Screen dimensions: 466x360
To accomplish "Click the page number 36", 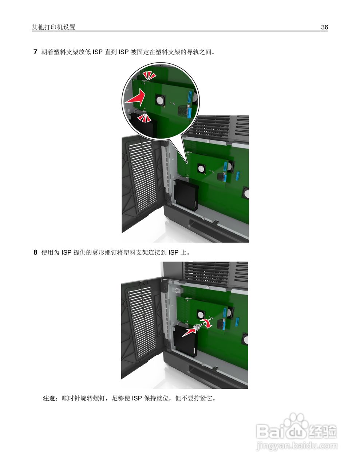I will [324, 27].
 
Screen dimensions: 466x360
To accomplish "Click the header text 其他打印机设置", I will [54, 27].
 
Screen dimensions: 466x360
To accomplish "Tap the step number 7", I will [35, 52].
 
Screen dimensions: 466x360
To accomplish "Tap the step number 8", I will [35, 252].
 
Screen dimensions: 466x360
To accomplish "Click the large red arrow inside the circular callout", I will [135, 98].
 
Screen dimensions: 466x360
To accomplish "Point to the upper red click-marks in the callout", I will [149, 75].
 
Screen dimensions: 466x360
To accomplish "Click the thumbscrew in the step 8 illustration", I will [197, 327].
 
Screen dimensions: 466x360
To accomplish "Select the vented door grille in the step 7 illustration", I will [141, 177].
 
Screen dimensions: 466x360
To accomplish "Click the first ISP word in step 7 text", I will [98, 52].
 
